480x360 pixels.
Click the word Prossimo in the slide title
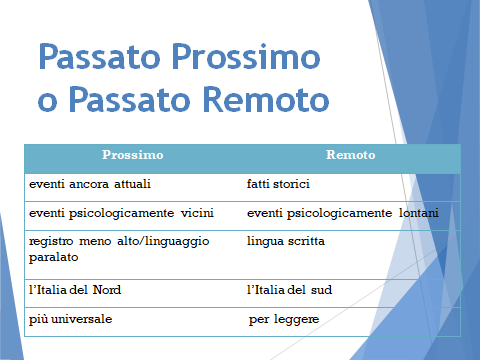point(237,59)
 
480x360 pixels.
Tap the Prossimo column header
point(133,156)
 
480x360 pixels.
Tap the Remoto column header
point(350,156)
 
